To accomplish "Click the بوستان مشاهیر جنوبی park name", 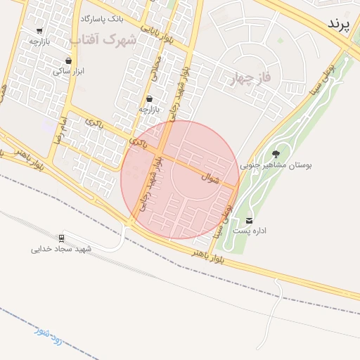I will click(276, 166).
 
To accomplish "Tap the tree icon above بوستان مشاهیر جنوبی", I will click(275, 154).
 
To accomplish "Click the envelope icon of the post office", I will click(250, 220).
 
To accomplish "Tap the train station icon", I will click(62, 238).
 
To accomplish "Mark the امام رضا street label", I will click(59, 131).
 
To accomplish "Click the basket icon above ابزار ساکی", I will click(68, 60).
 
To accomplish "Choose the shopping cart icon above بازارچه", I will click(39, 31).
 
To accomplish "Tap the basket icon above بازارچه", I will click(149, 99).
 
